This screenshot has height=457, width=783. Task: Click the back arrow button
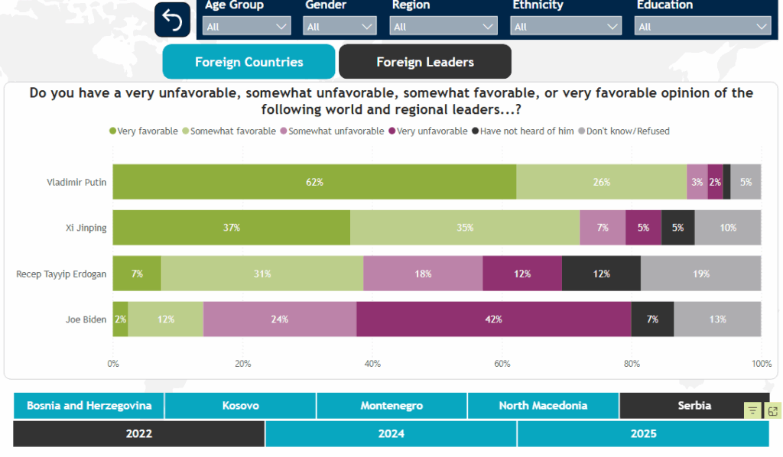[x=172, y=20]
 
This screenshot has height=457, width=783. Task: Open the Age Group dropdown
[x=247, y=27]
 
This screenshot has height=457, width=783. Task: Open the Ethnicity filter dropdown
[x=567, y=27]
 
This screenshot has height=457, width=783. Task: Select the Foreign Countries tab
[x=249, y=62]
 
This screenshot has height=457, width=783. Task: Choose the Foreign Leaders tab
[x=425, y=62]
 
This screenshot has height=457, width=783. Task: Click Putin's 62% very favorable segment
[x=314, y=182]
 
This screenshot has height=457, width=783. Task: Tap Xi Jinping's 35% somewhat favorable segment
[x=465, y=228]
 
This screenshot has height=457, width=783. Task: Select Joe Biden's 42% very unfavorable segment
[x=494, y=319]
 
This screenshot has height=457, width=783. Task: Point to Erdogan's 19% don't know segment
[x=700, y=274]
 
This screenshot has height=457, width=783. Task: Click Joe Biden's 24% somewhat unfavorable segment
[x=280, y=319]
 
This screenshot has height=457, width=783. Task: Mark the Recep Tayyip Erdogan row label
[x=61, y=274]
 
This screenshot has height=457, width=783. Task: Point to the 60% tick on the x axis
[x=502, y=364]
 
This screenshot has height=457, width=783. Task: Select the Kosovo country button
[x=240, y=406]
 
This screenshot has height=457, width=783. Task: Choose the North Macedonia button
[x=543, y=406]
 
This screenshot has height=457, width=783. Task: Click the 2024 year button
[x=391, y=434]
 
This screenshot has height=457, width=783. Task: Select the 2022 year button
[x=139, y=434]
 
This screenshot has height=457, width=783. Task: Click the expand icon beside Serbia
[x=773, y=411]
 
